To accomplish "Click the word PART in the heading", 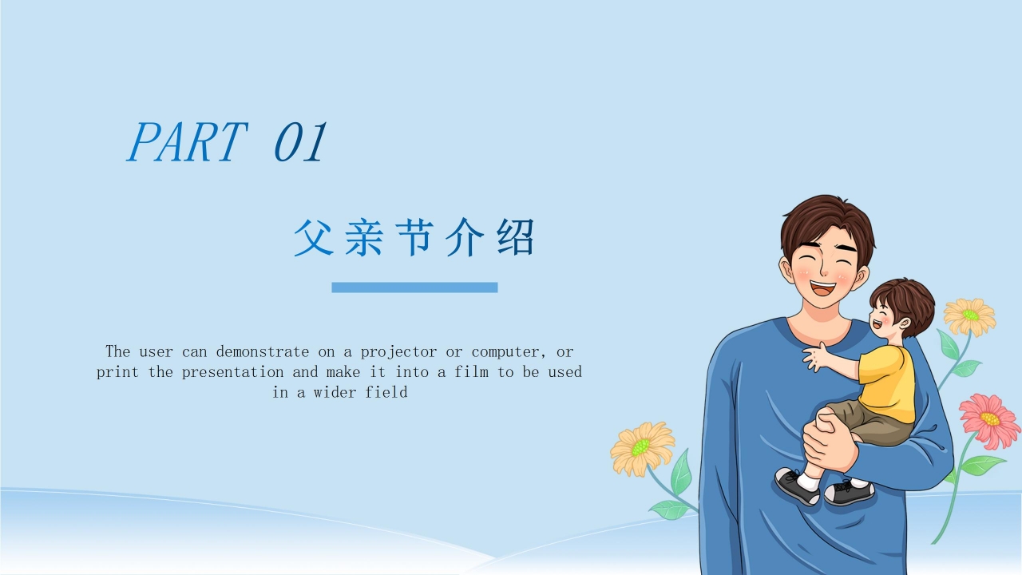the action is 188,142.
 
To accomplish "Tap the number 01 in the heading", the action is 301,142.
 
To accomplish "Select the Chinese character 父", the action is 313,237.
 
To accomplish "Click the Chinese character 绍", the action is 516,237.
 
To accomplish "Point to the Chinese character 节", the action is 414,237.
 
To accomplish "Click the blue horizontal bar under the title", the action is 414,287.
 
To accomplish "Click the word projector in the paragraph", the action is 398,352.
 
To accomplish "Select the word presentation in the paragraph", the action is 232,372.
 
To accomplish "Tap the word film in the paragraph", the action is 471,372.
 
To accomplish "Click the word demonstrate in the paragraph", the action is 263,352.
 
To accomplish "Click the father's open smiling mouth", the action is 822,288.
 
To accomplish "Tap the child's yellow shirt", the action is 887,383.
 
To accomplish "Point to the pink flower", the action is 989,421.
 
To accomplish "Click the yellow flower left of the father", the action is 642,448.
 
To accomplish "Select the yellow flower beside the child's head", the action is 969,316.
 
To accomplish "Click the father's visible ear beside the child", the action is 859,277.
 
